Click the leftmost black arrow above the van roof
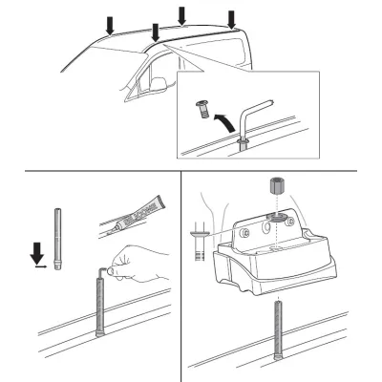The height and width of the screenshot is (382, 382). [x=111, y=22]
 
